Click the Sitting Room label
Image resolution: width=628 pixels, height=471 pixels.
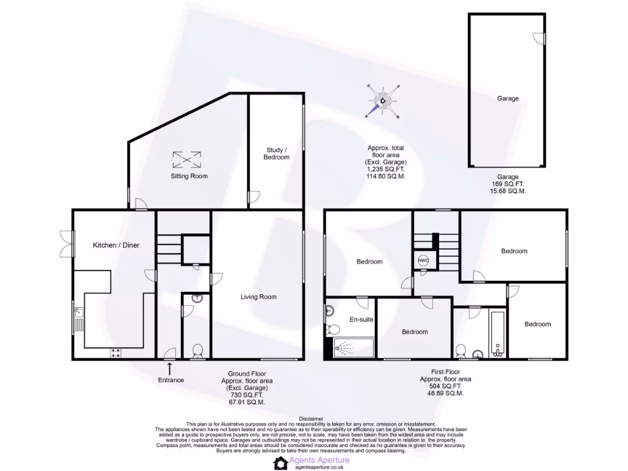(x=189, y=176)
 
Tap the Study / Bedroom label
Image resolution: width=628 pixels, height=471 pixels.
(x=277, y=153)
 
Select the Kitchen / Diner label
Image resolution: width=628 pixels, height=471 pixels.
(x=116, y=245)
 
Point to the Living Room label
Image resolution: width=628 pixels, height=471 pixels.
(x=258, y=297)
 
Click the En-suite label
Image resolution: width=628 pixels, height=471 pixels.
(x=361, y=320)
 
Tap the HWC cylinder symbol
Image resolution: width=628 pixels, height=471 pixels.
(x=423, y=260)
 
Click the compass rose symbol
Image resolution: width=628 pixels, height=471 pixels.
(x=383, y=101)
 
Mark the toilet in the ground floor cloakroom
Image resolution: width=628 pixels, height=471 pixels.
(x=197, y=351)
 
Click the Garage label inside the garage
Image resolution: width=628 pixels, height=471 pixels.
(x=508, y=98)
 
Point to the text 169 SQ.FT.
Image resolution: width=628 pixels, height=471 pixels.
(x=507, y=183)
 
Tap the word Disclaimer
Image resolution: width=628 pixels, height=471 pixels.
(x=313, y=418)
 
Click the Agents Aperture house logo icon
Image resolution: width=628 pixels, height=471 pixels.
(x=280, y=462)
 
